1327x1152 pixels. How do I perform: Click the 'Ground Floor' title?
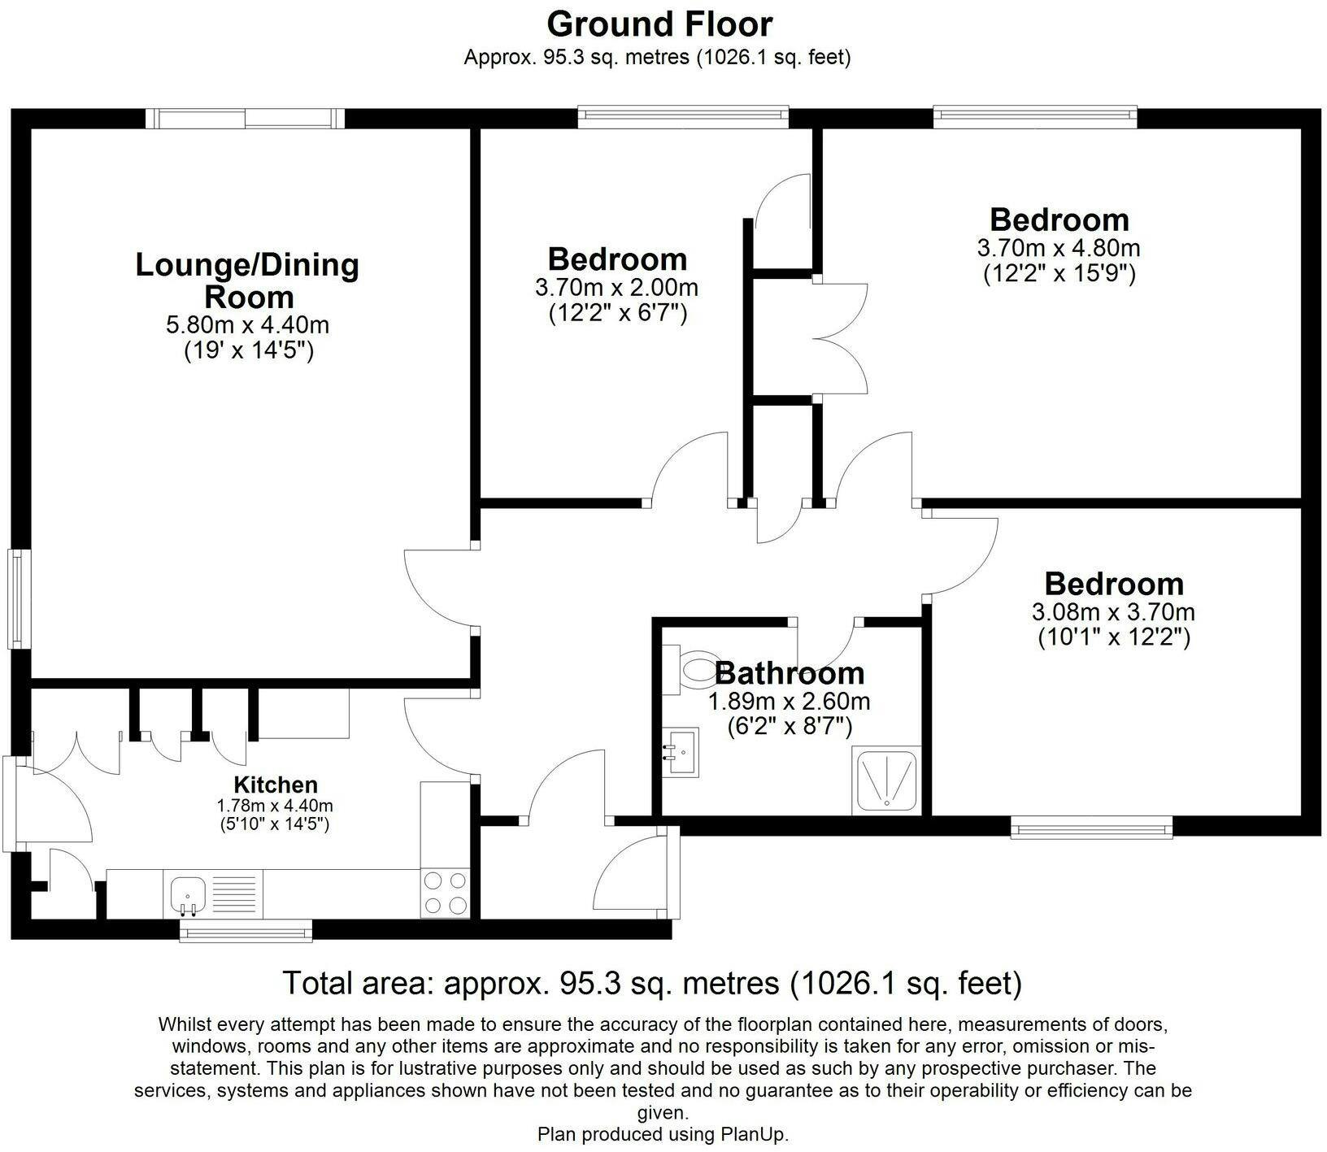(659, 24)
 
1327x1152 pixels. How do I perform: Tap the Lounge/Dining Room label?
(247, 280)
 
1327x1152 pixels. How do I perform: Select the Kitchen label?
(276, 785)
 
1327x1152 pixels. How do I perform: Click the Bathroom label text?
(790, 673)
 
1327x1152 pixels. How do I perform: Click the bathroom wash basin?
(680, 752)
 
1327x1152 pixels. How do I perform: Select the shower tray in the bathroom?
(887, 781)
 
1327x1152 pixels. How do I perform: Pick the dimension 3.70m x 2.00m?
(616, 288)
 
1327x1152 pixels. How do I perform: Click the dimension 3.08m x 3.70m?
(1113, 612)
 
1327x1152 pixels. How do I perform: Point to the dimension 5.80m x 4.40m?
(247, 326)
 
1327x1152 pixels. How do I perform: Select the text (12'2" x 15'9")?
(1059, 273)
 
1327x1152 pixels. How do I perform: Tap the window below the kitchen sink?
(246, 931)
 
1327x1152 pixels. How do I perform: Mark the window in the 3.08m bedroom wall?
(1092, 828)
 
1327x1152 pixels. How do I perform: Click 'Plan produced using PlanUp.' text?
(663, 1134)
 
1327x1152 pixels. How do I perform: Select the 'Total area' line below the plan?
(651, 984)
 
